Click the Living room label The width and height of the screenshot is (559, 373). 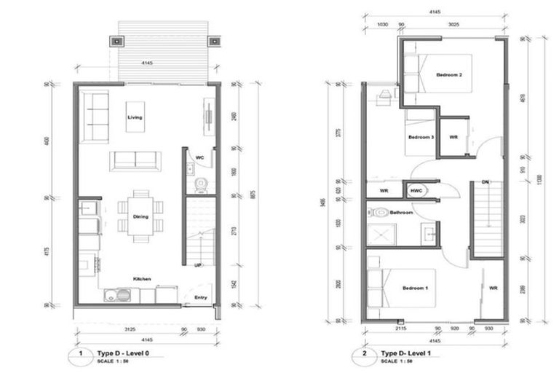[135, 117]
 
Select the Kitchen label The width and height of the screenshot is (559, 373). [141, 278]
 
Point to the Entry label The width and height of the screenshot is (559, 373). [200, 297]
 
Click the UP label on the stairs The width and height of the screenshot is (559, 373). [197, 265]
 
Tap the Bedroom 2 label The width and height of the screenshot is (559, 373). [449, 75]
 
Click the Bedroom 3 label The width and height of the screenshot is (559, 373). [421, 137]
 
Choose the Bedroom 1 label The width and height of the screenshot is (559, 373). [416, 288]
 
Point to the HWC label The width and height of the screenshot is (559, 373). [416, 191]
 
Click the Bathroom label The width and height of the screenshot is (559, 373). [401, 213]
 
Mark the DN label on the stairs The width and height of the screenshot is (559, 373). [485, 182]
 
